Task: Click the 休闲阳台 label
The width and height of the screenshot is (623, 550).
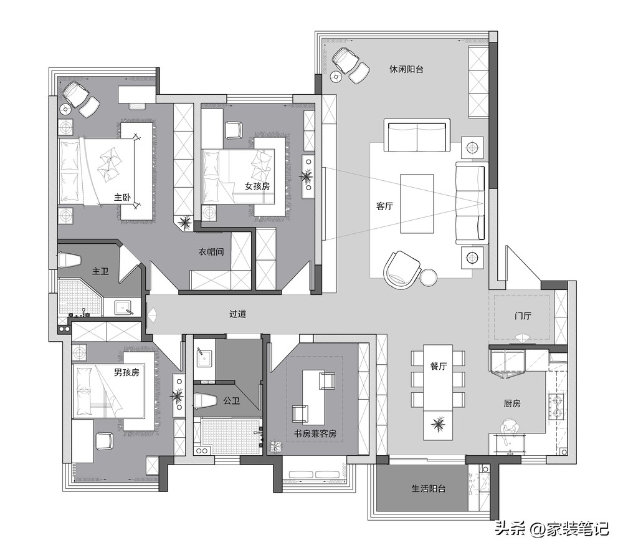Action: [406, 69]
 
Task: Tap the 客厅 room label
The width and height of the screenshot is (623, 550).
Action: [384, 206]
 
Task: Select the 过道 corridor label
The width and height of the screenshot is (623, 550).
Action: [237, 314]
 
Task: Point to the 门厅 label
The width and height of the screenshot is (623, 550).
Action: [523, 316]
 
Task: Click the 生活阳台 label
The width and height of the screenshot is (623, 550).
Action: [429, 488]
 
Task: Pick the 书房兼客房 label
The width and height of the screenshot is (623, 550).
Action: [315, 433]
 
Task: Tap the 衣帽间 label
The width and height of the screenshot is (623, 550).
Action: [211, 252]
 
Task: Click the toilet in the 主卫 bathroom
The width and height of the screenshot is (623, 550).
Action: [70, 260]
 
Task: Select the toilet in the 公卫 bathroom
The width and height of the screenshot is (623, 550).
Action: [205, 401]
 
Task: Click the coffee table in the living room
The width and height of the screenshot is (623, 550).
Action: [417, 204]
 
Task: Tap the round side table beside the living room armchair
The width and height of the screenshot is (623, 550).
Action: [429, 277]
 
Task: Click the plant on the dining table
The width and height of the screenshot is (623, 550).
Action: [438, 425]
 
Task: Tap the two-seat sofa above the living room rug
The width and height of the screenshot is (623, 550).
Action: [417, 135]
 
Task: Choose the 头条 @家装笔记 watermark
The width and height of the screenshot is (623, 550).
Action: [552, 529]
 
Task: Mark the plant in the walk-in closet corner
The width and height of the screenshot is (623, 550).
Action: [184, 221]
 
